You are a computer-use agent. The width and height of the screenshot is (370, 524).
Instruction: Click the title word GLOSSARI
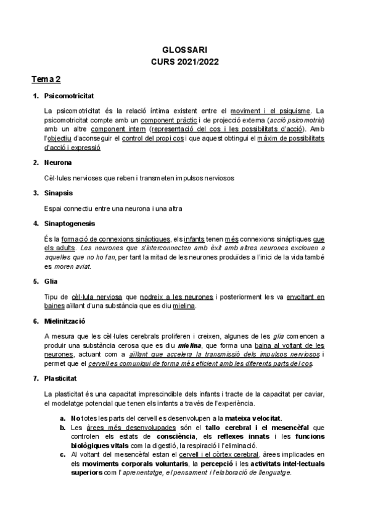pyautogui.click(x=184, y=51)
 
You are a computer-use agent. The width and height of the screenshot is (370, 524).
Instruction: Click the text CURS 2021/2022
pyautogui.click(x=184, y=62)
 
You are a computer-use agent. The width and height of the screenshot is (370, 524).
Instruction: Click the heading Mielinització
pyautogui.click(x=65, y=321)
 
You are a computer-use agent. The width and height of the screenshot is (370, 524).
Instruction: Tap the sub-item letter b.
pyautogui.click(x=63, y=426)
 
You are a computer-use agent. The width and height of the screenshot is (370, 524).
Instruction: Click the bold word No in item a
pyautogui.click(x=76, y=418)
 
